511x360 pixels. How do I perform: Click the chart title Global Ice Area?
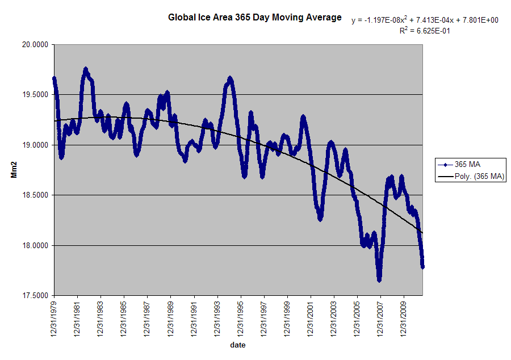254,17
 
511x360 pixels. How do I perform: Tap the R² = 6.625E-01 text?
425,31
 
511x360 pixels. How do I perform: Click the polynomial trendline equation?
425,20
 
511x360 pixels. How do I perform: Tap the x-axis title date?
238,345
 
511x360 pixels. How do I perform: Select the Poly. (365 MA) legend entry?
471,177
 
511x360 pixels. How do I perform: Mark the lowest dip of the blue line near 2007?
379,279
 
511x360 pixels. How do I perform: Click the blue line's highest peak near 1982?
86,69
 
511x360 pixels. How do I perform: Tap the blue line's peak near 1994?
230,78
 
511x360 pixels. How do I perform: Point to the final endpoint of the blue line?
422,266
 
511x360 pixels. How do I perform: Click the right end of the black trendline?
422,233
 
